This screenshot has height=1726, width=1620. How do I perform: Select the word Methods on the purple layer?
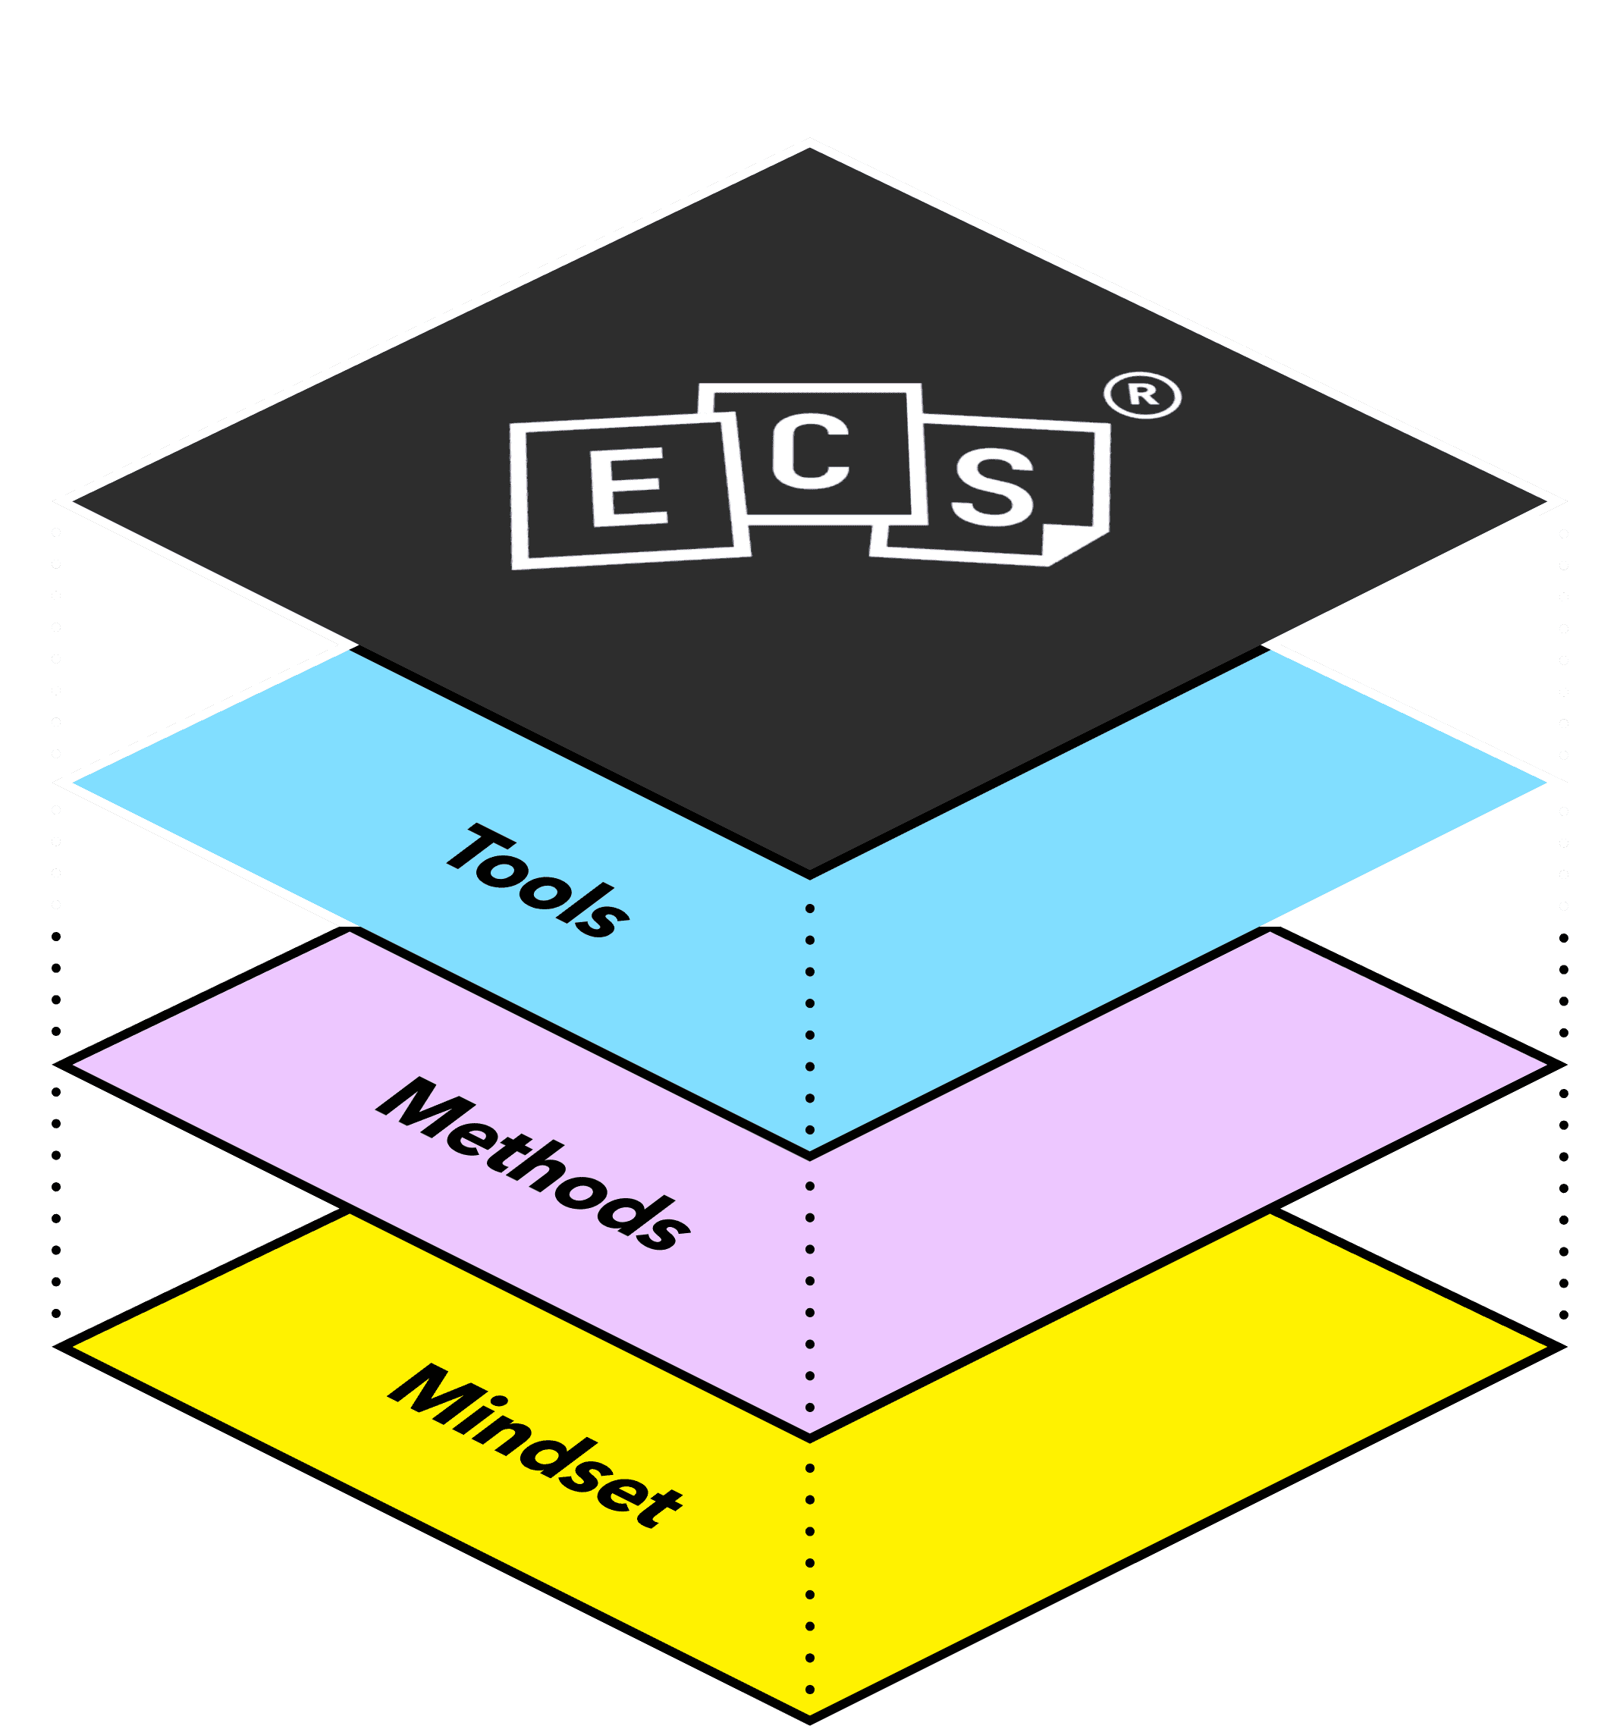tap(533, 1164)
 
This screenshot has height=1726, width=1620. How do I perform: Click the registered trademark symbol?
tap(1142, 395)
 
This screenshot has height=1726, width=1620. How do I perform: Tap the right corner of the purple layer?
tap(1559, 1065)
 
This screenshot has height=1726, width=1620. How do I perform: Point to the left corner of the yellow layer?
tap(61, 1346)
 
